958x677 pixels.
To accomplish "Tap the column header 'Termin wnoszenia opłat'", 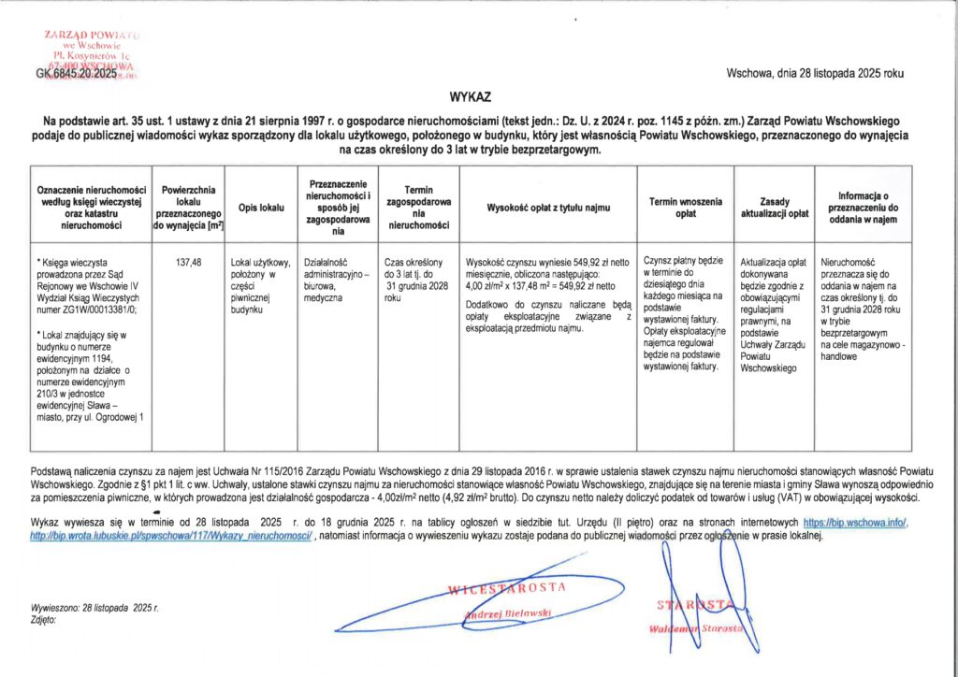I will (685, 207).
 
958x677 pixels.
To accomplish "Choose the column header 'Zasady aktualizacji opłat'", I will (774, 207).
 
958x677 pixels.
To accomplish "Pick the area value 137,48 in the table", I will (189, 263).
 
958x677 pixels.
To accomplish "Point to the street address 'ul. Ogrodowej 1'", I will (112, 417).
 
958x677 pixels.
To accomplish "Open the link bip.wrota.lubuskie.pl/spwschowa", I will (172, 536).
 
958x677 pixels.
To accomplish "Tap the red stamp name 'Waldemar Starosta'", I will (696, 628).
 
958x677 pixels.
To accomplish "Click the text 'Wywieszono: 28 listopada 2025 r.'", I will (94, 608).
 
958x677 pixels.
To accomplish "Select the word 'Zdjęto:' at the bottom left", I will (44, 619).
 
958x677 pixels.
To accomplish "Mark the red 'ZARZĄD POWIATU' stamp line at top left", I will (91, 35).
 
